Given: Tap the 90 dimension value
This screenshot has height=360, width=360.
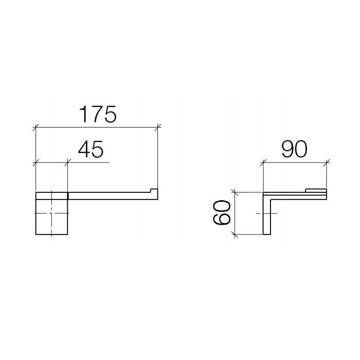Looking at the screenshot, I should [x=295, y=149].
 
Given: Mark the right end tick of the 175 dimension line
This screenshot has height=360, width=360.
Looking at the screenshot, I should [x=158, y=126].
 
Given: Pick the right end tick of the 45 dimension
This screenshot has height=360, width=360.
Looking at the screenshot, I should [x=67, y=163].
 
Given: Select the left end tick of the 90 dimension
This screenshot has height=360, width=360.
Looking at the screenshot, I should [x=263, y=163].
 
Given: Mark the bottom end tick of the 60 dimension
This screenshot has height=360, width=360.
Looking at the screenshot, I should [x=235, y=235].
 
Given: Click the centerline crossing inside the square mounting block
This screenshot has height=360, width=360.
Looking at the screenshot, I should [x=51, y=213].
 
